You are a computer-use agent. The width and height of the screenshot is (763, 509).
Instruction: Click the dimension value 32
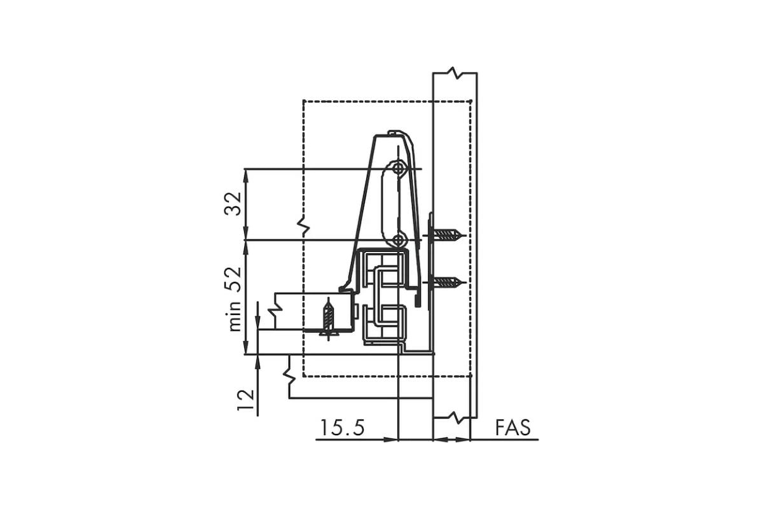click(233, 204)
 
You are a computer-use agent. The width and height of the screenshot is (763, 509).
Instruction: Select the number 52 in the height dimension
click(233, 279)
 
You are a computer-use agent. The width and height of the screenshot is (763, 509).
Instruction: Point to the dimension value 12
click(246, 400)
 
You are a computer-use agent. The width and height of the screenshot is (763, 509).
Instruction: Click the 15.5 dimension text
click(342, 428)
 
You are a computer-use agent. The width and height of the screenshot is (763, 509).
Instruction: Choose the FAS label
click(513, 428)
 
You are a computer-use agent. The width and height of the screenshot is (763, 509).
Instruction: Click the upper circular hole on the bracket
click(398, 169)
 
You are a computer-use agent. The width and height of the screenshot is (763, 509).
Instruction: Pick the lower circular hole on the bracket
click(398, 241)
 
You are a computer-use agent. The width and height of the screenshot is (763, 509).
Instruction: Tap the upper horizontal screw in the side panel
click(445, 235)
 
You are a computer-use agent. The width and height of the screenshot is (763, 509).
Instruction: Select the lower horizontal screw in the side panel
click(445, 282)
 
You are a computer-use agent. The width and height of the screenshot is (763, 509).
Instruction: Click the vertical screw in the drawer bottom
click(328, 319)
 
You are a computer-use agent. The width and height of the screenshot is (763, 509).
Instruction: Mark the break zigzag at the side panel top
click(455, 73)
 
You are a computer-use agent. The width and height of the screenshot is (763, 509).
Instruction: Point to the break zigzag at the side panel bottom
click(455, 417)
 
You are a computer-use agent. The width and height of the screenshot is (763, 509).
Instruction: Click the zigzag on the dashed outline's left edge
click(303, 225)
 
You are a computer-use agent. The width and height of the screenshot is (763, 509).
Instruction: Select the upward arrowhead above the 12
click(258, 361)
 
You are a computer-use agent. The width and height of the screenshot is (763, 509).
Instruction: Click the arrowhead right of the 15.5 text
click(391, 440)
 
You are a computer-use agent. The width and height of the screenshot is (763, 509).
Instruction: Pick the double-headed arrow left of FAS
click(451, 440)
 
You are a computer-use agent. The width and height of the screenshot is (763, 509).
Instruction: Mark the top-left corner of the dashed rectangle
click(303, 101)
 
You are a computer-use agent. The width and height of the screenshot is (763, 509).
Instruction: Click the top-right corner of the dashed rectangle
click(471, 101)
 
